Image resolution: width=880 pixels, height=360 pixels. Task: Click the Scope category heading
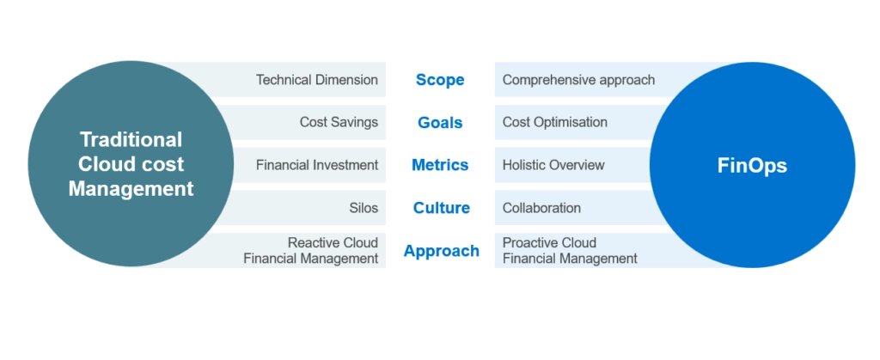[x=440, y=80]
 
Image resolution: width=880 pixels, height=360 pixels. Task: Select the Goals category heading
[x=440, y=123]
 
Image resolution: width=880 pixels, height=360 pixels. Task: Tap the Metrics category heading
[x=440, y=165]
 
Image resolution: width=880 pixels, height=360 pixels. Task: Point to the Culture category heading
[x=441, y=208]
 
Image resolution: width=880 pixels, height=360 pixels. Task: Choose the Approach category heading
[x=441, y=251]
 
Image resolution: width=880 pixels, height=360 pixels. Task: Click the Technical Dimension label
[x=317, y=80]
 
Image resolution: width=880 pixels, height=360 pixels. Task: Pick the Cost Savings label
[x=339, y=122]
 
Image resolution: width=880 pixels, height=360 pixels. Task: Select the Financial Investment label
[x=317, y=165]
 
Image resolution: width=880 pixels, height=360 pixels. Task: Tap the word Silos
[x=364, y=208]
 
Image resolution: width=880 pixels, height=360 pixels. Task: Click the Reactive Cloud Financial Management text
[x=311, y=251]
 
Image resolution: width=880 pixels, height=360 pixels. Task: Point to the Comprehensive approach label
[x=578, y=80]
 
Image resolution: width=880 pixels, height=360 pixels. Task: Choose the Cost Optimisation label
[x=555, y=122]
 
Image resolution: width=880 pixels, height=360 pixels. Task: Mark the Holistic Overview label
[x=553, y=165]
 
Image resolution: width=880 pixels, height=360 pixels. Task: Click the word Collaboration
[x=541, y=208]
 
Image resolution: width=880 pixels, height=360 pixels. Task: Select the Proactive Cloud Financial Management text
[x=570, y=251]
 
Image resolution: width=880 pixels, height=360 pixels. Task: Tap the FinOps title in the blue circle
[x=752, y=166]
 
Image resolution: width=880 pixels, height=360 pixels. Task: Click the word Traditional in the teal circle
[x=131, y=139]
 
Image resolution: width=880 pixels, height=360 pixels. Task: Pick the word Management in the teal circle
[x=131, y=188]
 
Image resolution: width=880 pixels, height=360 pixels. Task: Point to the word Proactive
[x=528, y=243]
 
